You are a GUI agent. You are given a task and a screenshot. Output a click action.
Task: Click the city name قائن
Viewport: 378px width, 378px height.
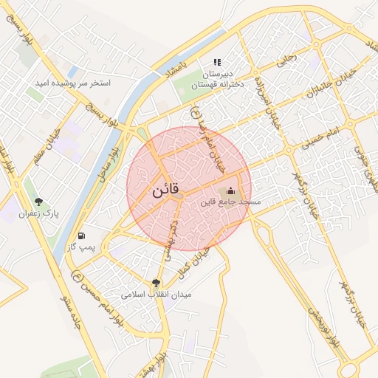pyautogui.click(x=165, y=190)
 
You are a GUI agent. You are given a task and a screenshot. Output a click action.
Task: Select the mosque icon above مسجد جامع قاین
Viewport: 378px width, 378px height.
pyautogui.click(x=230, y=190)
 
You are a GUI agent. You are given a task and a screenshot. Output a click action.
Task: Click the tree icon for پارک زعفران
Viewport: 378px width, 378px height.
pyautogui.click(x=38, y=201)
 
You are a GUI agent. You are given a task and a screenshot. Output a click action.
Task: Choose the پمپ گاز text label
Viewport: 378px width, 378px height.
pyautogui.click(x=82, y=247)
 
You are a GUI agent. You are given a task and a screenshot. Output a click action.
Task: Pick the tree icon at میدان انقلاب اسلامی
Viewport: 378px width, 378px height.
pyautogui.click(x=156, y=282)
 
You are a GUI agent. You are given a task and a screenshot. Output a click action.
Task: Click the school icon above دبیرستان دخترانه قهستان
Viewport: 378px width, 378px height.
pyautogui.click(x=217, y=63)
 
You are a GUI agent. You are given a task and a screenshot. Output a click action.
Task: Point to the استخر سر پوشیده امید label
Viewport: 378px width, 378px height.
pyautogui.click(x=74, y=83)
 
